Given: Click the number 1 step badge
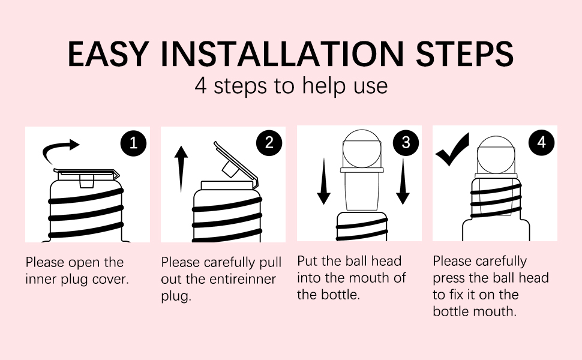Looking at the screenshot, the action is (x=133, y=143).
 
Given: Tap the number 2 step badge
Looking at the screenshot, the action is (x=269, y=143).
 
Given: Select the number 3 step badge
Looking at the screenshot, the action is (x=406, y=143).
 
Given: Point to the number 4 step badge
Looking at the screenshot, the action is (x=542, y=143).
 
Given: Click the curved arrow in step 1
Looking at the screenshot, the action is (x=56, y=146).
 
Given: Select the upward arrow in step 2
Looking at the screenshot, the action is (x=181, y=169).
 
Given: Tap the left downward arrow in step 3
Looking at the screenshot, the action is (x=323, y=182).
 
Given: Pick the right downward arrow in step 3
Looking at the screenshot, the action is (x=403, y=182).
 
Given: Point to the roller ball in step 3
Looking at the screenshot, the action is (x=362, y=149).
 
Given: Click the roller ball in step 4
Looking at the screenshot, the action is (x=496, y=155).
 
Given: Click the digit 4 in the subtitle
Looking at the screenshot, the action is (x=200, y=86).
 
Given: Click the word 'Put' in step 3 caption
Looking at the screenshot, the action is (x=307, y=261).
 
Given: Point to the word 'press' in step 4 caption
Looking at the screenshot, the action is (x=449, y=278).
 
